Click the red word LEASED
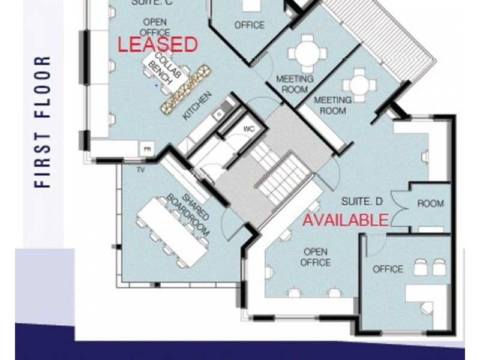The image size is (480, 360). (x=157, y=44)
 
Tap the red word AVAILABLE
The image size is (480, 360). (x=345, y=220)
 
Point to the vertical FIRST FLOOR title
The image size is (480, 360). (x=43, y=122)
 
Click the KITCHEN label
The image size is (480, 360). (x=197, y=106)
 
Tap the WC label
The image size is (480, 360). (x=249, y=129)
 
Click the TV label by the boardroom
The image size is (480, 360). (x=141, y=170)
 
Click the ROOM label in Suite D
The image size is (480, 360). (x=430, y=204)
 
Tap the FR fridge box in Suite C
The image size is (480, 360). (x=146, y=148)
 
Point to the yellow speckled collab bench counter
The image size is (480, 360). (x=187, y=88)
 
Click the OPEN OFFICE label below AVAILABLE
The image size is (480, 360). (x=316, y=257)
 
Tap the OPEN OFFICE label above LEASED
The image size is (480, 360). (x=154, y=27)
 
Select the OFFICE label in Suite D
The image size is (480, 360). (x=388, y=269)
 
